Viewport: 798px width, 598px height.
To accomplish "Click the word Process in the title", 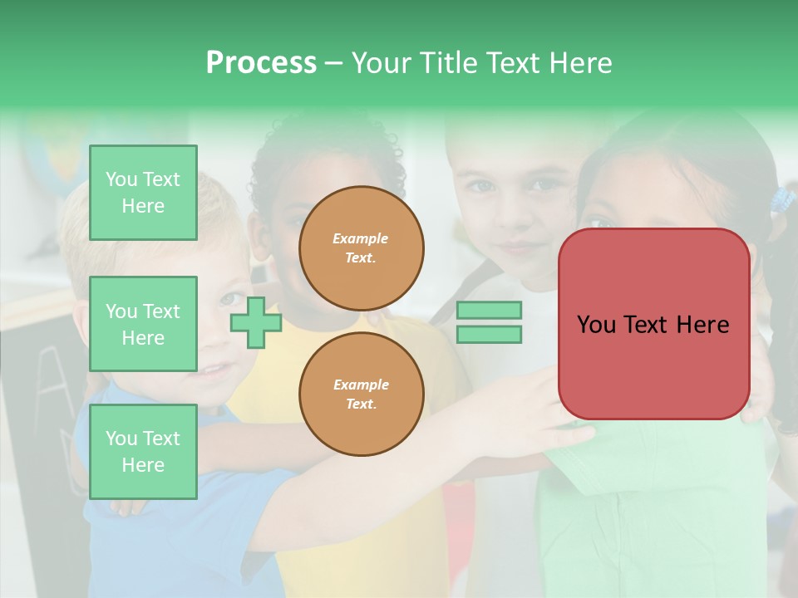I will [x=261, y=63].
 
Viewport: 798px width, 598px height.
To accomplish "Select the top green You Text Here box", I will [x=143, y=193].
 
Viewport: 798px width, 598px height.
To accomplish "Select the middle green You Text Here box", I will [x=143, y=324].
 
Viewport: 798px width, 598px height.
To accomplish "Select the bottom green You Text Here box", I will [x=143, y=451].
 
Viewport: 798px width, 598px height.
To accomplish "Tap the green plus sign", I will [x=256, y=321].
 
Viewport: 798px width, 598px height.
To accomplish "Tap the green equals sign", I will [x=489, y=322].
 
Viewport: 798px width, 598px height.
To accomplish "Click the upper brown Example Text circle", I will [x=361, y=248].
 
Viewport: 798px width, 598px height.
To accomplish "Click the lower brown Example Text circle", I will [x=361, y=394].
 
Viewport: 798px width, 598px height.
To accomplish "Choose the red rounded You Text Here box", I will [x=653, y=324].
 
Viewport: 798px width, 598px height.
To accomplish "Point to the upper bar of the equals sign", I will [x=489, y=311].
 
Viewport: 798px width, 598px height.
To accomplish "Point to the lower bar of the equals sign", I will [x=489, y=334].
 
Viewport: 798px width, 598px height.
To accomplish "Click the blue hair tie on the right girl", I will [x=782, y=199].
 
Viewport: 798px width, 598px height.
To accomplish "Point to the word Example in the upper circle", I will [x=361, y=238].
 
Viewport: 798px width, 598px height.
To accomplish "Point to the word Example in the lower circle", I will [x=361, y=385].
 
